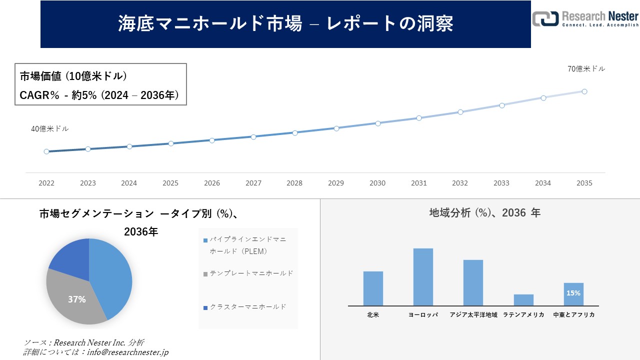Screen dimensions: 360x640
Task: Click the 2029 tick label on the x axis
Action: click(x=336, y=183)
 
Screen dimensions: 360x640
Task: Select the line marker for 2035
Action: click(x=584, y=91)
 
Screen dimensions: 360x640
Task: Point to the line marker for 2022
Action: click(x=46, y=151)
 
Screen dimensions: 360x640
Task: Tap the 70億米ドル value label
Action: click(x=586, y=69)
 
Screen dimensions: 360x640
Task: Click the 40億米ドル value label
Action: click(x=50, y=129)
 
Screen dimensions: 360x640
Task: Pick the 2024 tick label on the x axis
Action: click(x=129, y=183)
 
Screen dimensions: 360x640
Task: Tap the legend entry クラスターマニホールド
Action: click(x=248, y=306)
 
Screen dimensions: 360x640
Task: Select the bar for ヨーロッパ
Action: click(x=423, y=276)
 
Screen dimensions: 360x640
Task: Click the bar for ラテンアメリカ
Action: click(x=523, y=300)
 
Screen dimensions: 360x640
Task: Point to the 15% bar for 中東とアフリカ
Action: click(x=573, y=294)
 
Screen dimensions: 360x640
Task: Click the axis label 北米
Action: click(x=373, y=315)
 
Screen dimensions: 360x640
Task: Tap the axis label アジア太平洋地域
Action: click(x=473, y=315)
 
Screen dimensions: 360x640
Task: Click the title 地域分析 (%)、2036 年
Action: click(x=484, y=213)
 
